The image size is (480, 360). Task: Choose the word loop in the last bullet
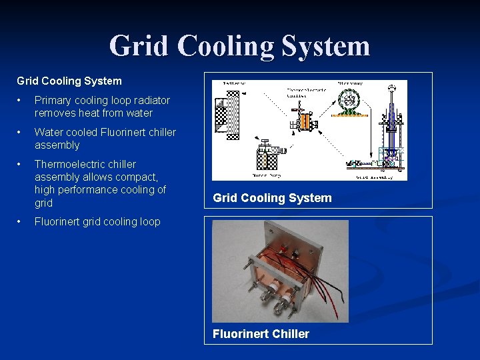(x=149, y=221)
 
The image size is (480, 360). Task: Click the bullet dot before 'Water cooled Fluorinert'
(x=21, y=132)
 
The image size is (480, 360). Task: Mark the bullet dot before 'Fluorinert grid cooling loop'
(x=21, y=221)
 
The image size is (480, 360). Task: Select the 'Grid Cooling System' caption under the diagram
(x=272, y=198)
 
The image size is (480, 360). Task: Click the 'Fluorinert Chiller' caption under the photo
(x=261, y=334)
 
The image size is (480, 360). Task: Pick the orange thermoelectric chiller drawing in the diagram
(x=306, y=122)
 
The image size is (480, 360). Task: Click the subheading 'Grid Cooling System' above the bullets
(x=69, y=81)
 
